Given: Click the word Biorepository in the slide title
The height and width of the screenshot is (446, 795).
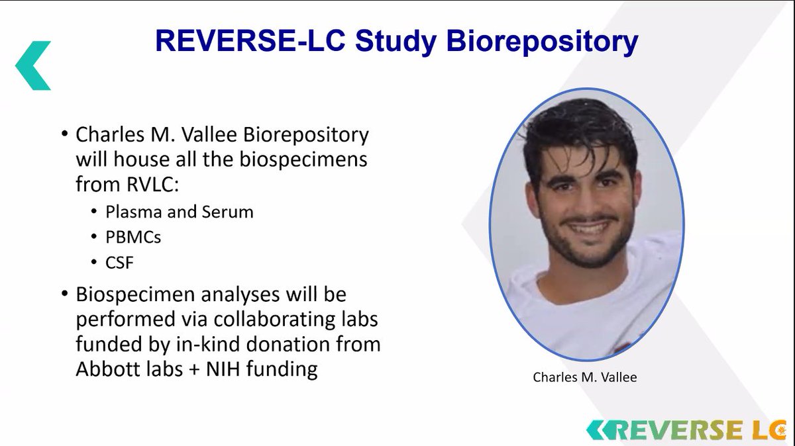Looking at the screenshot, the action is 543,42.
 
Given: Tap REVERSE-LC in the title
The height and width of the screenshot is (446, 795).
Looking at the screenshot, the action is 250,41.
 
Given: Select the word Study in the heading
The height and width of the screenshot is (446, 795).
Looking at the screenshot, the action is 396,42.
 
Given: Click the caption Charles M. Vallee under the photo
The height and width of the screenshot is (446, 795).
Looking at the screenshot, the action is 584,377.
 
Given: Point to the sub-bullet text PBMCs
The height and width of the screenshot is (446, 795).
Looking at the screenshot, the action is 133,237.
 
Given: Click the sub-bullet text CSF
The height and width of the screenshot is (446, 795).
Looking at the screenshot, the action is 119,263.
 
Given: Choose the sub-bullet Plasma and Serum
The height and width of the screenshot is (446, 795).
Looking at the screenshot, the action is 180,212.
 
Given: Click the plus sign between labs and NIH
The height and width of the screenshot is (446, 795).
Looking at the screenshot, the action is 194,370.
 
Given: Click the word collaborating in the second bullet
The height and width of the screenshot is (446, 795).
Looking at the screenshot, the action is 274,319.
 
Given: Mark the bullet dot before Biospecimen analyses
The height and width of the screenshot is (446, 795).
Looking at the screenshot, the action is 64,294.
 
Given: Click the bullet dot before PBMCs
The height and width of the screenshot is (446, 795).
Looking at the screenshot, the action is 93,236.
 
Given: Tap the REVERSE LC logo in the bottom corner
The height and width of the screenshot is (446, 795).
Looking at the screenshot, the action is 686,430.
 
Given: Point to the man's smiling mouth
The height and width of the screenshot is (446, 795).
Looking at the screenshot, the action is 588,228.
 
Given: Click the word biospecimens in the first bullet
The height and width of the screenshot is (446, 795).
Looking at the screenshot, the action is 303,159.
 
